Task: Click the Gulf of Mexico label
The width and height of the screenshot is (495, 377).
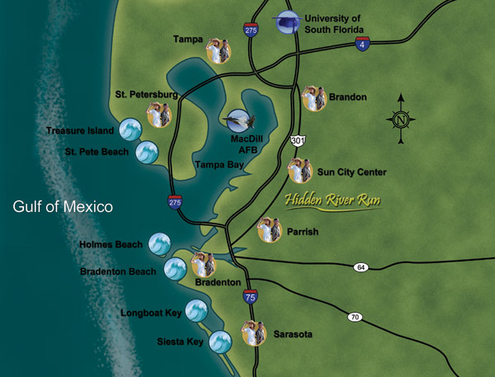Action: (62, 206)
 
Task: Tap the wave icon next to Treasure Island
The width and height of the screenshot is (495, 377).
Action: (131, 130)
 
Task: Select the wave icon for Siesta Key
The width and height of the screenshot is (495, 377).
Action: (221, 342)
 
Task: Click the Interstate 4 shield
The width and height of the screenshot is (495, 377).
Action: (363, 44)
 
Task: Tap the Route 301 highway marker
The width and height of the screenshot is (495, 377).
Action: (298, 143)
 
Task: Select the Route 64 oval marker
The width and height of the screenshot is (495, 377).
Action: (361, 267)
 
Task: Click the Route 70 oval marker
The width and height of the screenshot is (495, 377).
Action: (355, 317)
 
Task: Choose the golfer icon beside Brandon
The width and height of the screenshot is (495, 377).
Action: (313, 98)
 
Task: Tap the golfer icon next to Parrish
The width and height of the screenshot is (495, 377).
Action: (270, 230)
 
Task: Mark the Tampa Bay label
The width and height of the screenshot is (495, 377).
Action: (217, 166)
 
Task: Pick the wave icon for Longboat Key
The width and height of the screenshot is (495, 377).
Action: (196, 310)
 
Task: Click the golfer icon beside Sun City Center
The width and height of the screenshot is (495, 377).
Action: (299, 171)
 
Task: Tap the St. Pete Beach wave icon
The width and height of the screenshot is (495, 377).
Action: (147, 152)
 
